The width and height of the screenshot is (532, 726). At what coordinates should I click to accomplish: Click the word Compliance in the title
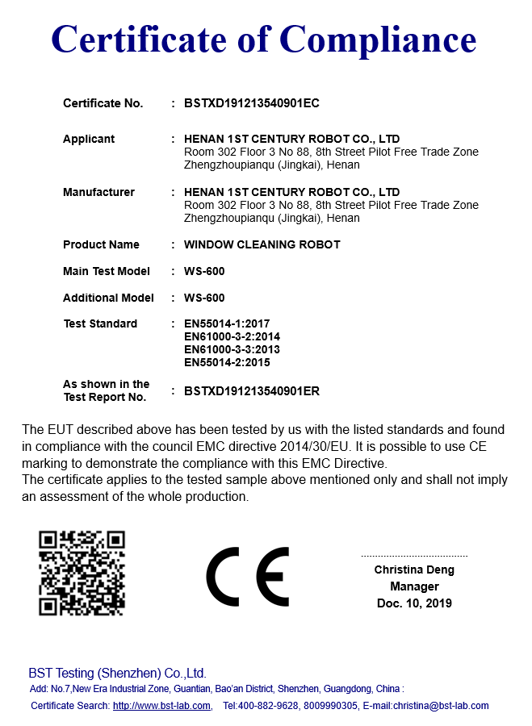(x=377, y=40)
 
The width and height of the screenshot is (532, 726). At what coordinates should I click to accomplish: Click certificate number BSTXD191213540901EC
(x=252, y=103)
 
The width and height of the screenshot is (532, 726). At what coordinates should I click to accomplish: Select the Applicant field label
(x=89, y=139)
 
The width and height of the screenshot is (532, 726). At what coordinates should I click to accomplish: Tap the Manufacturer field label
(x=98, y=192)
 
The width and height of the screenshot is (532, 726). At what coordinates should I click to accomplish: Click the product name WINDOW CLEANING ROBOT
(x=262, y=244)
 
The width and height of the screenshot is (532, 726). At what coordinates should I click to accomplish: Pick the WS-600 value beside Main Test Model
(x=204, y=271)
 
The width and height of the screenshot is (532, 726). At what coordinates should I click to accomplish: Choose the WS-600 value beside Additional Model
(x=204, y=298)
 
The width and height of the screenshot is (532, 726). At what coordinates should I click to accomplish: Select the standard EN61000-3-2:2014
(x=232, y=336)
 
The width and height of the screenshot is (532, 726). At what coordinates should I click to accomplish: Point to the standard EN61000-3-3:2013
(x=232, y=349)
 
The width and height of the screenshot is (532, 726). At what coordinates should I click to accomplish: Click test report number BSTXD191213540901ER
(x=252, y=391)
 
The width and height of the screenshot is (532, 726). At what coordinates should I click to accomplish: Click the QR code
(x=82, y=574)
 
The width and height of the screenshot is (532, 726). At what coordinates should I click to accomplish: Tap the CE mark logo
(x=247, y=577)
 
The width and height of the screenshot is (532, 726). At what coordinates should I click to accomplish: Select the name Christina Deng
(x=414, y=570)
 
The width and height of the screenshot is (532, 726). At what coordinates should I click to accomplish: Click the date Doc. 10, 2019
(x=414, y=603)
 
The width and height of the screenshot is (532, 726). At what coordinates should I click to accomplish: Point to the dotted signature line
(x=414, y=557)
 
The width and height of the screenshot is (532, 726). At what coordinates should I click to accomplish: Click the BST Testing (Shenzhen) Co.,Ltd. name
(x=118, y=673)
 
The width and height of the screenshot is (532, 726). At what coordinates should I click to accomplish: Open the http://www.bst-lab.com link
(x=161, y=706)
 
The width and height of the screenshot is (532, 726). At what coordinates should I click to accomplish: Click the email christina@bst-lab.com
(x=441, y=706)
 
